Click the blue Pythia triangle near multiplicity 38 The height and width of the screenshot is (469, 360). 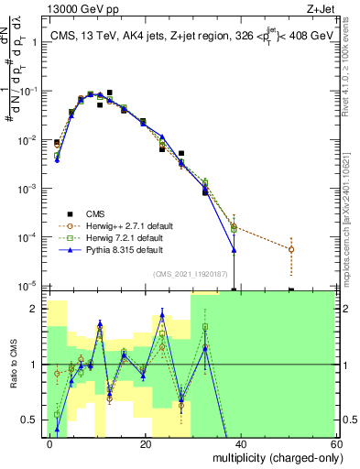point(235,249)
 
